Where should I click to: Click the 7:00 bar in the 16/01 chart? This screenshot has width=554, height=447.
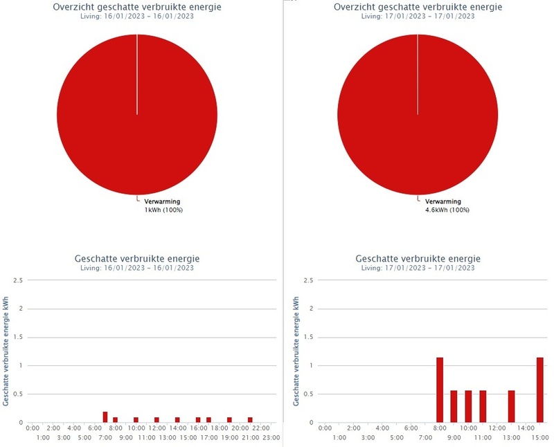[105, 417]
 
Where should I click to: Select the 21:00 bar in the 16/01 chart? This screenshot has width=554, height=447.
[250, 419]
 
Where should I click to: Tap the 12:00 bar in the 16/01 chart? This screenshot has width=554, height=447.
[157, 419]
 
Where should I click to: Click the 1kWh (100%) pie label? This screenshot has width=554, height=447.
[163, 209]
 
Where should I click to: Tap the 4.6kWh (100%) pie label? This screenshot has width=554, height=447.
[447, 209]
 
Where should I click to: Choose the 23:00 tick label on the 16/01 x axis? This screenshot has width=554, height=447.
[271, 438]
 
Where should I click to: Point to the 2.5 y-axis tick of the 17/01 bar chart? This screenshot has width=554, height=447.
[308, 280]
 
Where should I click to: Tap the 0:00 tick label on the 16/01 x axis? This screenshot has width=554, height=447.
[33, 429]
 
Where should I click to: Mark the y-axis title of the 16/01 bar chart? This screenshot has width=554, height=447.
[6, 351]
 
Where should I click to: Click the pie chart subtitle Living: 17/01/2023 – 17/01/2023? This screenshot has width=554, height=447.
[418, 16]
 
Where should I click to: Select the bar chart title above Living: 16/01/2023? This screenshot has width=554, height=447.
[137, 259]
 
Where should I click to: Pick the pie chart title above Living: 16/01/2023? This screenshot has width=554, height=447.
[137, 6]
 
